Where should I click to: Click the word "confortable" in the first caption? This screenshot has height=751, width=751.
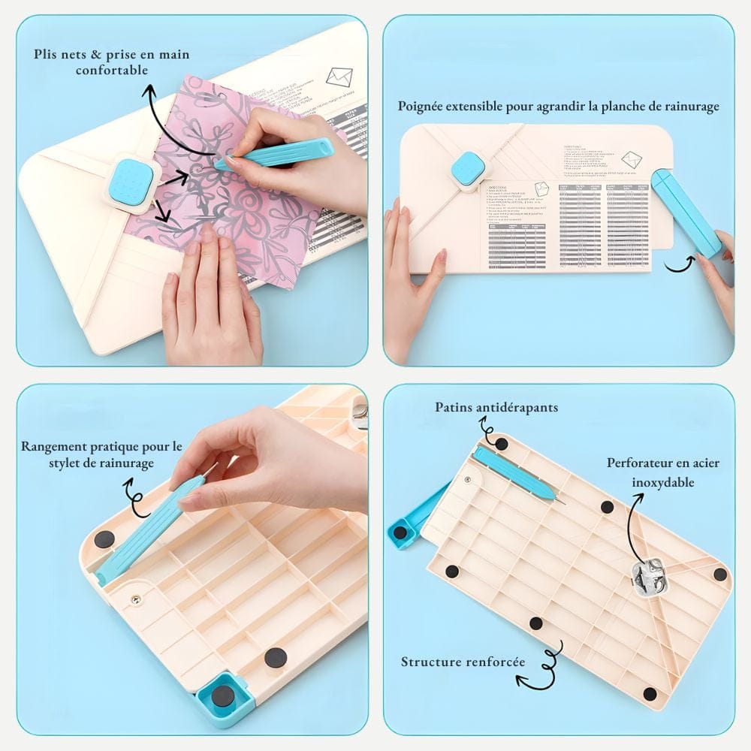[112, 71]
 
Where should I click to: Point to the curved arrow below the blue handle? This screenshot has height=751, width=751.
[679, 263]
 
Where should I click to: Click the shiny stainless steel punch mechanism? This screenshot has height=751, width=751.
[644, 578]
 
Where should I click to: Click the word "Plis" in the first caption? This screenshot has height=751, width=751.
[47, 54]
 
